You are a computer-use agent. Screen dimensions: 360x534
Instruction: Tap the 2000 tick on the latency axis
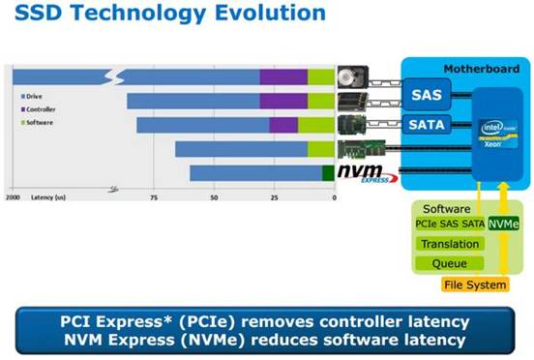point(13,196)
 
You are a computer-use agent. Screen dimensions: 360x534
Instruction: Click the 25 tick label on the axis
point(274,196)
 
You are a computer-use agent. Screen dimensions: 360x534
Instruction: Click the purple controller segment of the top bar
point(283,76)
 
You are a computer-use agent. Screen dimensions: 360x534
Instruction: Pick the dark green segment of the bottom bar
point(327,173)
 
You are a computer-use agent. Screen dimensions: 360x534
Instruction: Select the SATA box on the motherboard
point(427,124)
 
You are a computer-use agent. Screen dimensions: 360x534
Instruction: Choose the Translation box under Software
point(449,244)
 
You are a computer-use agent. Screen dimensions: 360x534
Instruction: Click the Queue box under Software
point(449,263)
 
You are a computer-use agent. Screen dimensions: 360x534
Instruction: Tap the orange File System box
point(474,285)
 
